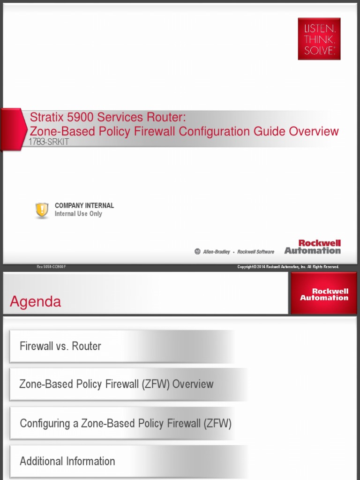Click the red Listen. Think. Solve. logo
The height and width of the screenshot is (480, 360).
click(x=319, y=39)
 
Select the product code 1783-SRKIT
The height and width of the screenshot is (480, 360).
click(x=49, y=142)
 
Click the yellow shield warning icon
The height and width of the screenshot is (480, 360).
click(x=42, y=210)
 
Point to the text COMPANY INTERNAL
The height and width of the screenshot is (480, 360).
click(x=84, y=205)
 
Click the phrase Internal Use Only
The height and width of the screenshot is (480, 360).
click(x=78, y=214)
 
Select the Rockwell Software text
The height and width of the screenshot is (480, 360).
click(x=255, y=252)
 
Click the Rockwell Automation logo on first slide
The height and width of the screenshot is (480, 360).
click(x=313, y=247)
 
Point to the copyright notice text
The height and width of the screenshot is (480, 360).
click(x=288, y=267)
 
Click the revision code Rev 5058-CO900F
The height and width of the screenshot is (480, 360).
click(x=52, y=267)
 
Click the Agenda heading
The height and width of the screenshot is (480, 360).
click(x=36, y=302)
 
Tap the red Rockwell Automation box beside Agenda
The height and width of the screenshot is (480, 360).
click(x=324, y=294)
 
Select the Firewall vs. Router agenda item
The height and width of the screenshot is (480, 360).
click(x=60, y=346)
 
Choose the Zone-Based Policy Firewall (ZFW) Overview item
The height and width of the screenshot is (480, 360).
click(x=116, y=384)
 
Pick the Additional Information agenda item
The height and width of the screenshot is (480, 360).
click(x=67, y=461)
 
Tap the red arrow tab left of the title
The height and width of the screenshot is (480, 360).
click(x=13, y=129)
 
